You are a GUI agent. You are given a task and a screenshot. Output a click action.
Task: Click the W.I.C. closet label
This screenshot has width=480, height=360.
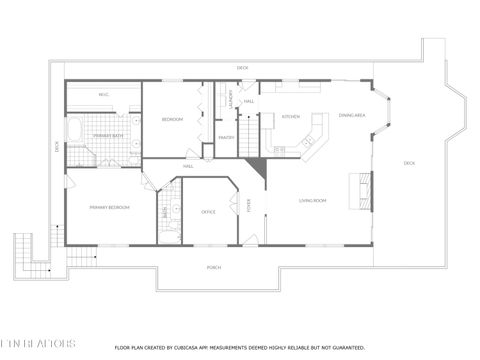tap(103, 95)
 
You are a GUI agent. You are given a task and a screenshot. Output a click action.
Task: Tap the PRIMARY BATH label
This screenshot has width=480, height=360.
tap(108, 135)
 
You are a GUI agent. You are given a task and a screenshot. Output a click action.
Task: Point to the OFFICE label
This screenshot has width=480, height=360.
tap(208, 212)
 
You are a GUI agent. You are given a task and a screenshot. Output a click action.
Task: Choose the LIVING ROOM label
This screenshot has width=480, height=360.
tap(313, 201)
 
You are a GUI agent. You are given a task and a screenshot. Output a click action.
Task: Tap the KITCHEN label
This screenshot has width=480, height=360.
tap(290, 117)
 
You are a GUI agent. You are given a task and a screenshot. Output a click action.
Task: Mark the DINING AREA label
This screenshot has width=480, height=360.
tap(351, 115)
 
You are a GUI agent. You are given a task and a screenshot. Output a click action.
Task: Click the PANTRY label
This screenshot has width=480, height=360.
tap(225, 138)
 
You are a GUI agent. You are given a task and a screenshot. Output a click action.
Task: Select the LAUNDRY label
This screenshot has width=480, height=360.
tap(231, 101)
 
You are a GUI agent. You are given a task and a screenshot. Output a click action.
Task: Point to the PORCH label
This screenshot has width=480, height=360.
tap(214, 267)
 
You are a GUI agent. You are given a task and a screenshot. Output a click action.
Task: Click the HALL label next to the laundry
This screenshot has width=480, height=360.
tap(249, 101)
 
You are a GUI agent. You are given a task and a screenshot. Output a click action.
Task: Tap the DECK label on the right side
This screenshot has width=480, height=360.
tap(409, 163)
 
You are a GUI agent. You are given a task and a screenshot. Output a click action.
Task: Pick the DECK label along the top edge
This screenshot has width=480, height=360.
tap(242, 68)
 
